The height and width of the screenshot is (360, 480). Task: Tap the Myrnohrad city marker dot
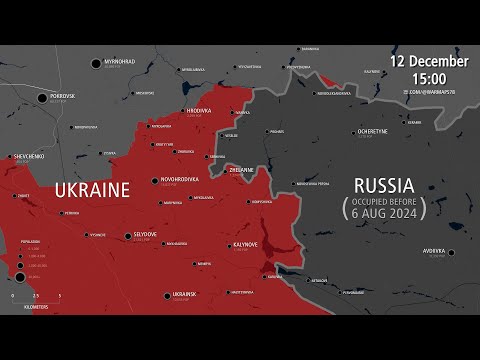point(97,63)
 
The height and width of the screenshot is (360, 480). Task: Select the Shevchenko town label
point(27,156)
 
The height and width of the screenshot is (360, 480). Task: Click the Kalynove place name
point(246,244)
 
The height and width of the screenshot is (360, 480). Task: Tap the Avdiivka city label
point(432,251)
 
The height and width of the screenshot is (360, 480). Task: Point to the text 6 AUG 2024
point(388,212)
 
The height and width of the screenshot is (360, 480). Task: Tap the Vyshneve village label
point(97,235)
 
